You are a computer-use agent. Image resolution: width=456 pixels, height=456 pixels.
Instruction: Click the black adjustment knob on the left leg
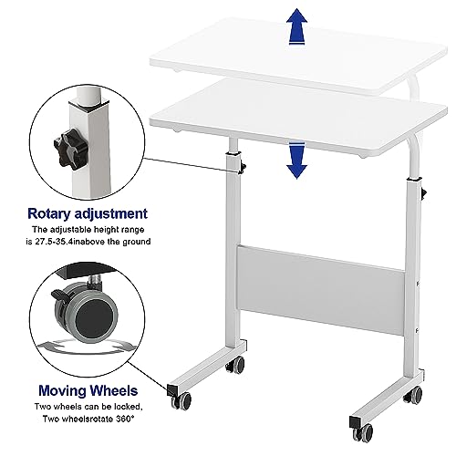tap(245, 167)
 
